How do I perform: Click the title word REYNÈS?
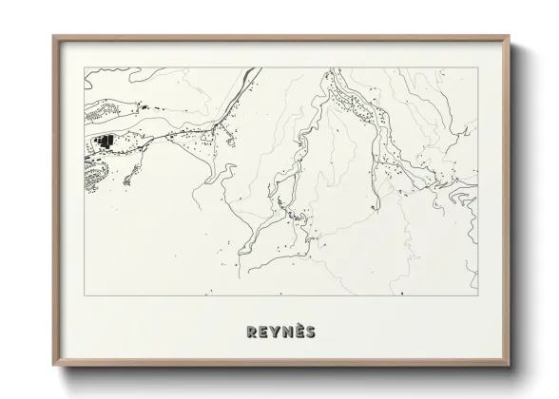280,332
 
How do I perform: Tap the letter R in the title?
252,332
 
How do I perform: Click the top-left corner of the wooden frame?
54,36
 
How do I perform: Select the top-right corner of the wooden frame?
509,36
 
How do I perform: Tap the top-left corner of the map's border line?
85,68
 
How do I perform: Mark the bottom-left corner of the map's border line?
85,295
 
